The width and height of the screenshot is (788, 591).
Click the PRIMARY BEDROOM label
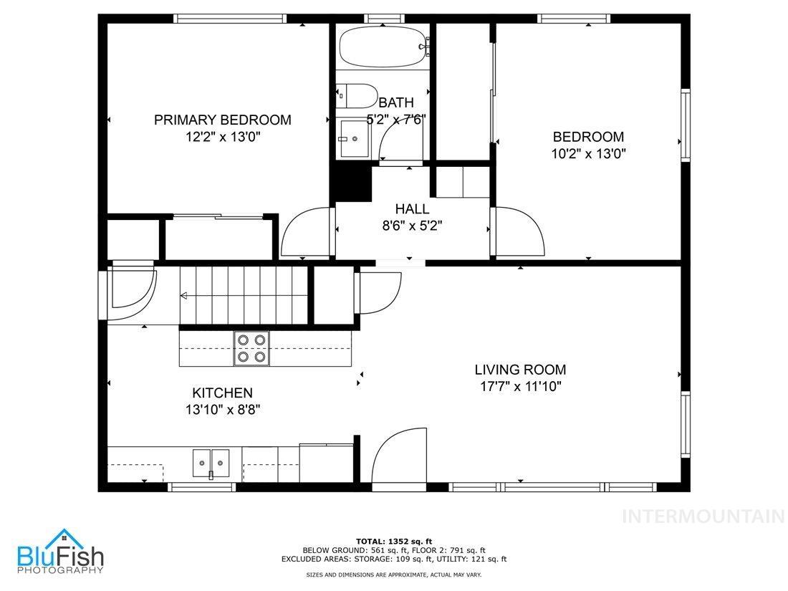222,120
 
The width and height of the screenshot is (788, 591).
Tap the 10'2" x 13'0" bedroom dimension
588,153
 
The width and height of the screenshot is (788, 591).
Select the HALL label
412,209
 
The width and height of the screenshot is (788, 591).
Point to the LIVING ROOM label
520,370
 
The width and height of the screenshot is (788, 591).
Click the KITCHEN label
222,393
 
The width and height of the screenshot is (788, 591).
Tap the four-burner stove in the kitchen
251,348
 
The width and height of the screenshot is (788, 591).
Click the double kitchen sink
211,463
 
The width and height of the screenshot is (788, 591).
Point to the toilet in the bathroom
358,96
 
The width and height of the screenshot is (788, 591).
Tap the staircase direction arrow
185,295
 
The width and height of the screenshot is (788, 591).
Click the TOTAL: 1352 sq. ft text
394,541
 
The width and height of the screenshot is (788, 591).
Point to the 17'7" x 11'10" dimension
520,387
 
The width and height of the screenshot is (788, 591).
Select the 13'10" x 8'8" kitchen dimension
222,410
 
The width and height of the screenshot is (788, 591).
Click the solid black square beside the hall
350,183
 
